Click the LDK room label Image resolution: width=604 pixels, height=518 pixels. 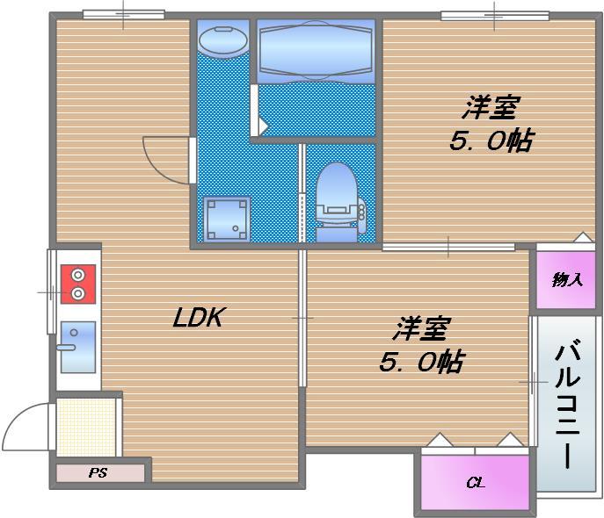click(199, 317)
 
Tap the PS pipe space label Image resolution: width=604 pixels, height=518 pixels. click(98, 472)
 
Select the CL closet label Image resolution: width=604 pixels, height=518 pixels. click(476, 482)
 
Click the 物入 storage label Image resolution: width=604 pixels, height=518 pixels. click(567, 279)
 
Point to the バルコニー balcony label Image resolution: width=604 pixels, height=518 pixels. click(567, 404)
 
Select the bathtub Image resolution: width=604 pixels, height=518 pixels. click(316, 51)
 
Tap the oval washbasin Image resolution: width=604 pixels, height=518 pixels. click(223, 40)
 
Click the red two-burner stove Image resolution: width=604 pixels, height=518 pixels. click(78, 284)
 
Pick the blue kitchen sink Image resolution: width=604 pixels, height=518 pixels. click(78, 348)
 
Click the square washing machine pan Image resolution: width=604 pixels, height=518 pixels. click(227, 219)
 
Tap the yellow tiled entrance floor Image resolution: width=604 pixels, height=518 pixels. click(86, 427)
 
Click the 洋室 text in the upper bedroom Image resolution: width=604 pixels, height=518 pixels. click(491, 108)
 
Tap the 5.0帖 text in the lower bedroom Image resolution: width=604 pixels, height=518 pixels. click(422, 362)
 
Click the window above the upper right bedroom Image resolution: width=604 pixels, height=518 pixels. click(495, 16)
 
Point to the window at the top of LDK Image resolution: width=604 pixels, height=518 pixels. click(124, 15)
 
